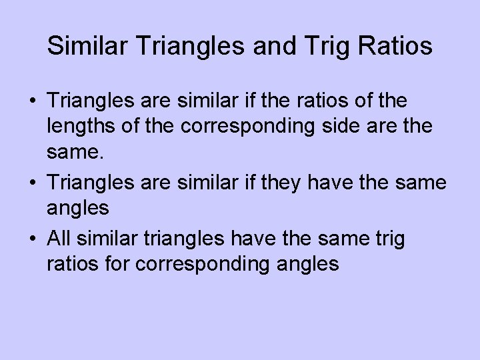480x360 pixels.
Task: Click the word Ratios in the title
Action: pos(395,47)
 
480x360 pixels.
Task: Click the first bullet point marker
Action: pos(33,102)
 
